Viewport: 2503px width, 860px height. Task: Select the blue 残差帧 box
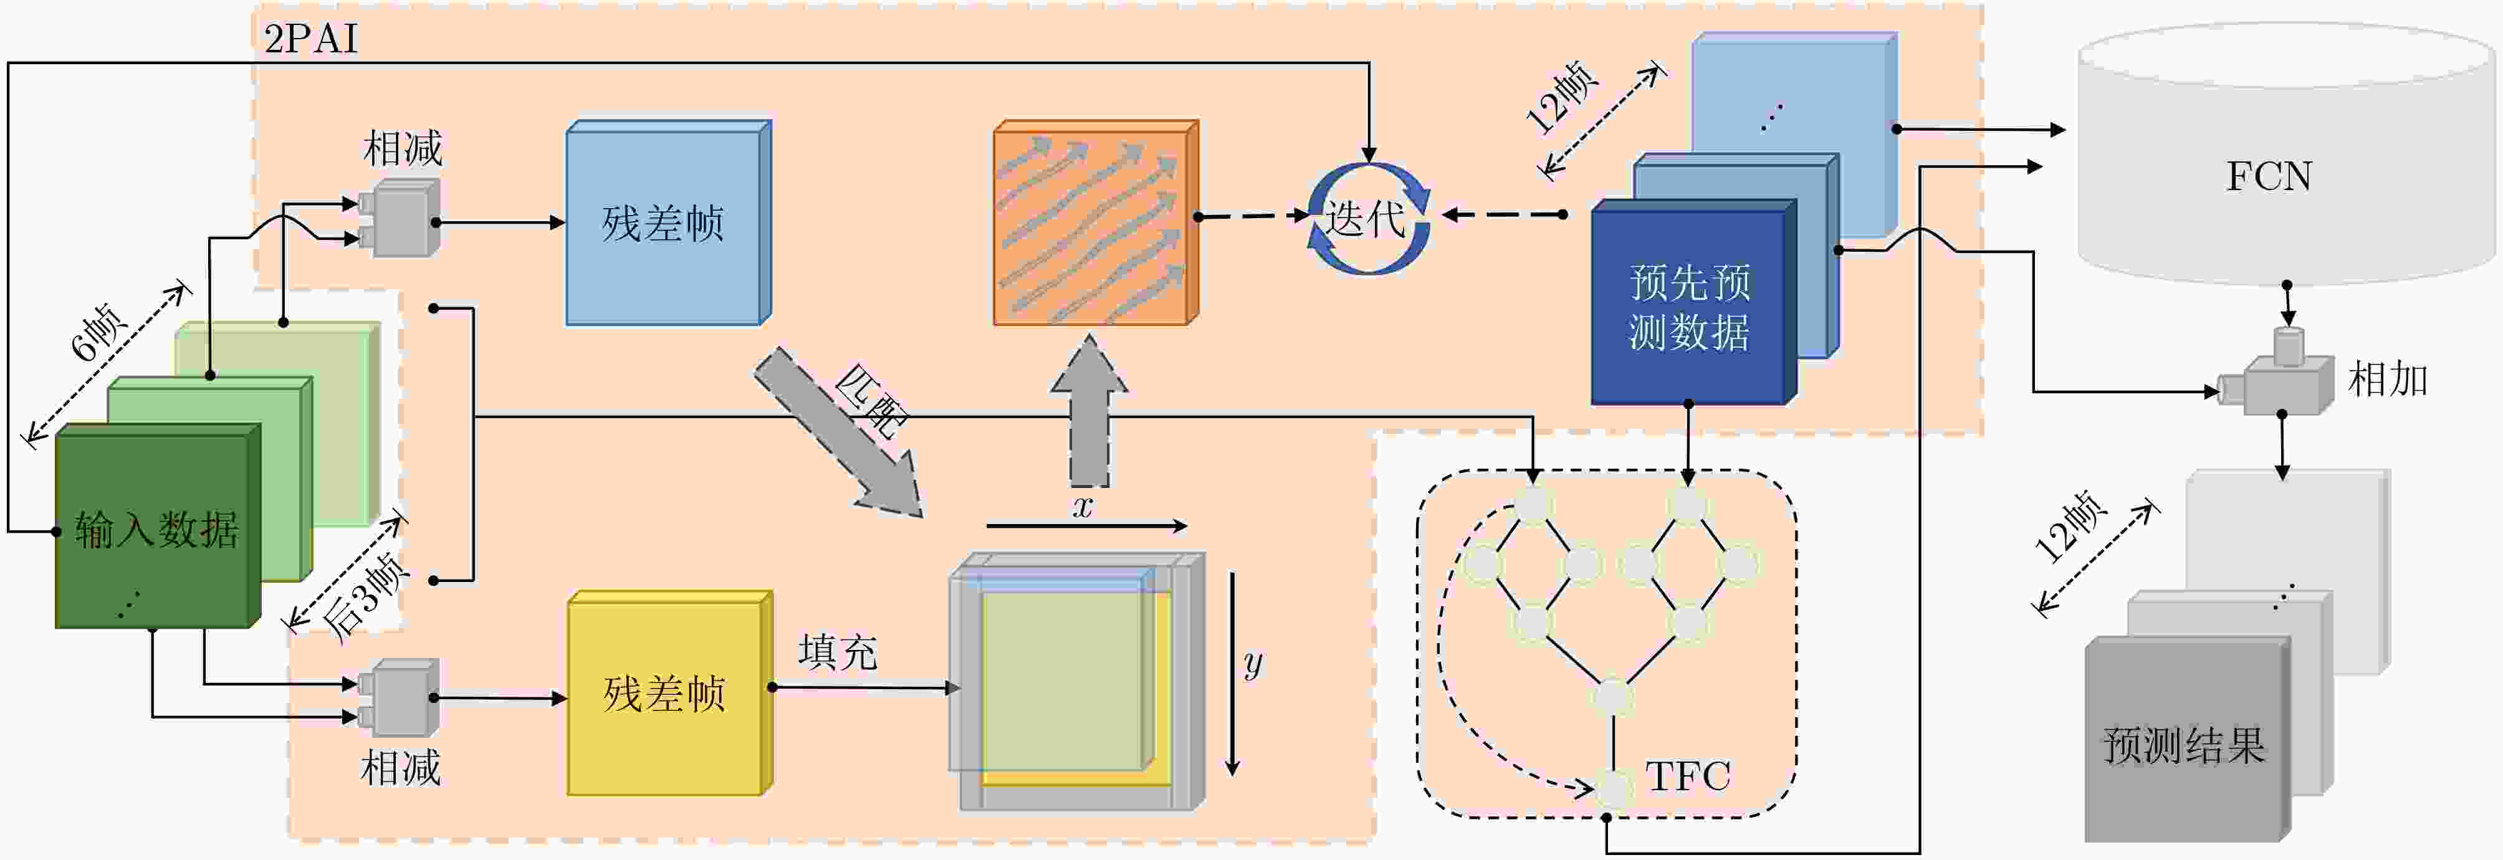point(669,222)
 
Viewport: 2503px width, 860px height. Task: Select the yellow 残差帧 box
point(669,693)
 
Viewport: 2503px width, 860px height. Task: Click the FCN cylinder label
point(2269,176)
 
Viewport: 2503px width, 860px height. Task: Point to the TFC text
point(1688,775)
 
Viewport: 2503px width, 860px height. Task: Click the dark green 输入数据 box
point(158,526)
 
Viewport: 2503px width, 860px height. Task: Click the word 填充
point(838,652)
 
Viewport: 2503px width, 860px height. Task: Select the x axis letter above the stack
point(1083,506)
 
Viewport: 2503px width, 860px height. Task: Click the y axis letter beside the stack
point(1253,664)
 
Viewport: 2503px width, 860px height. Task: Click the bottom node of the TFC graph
point(1613,789)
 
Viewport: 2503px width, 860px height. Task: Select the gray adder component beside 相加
point(2277,374)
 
